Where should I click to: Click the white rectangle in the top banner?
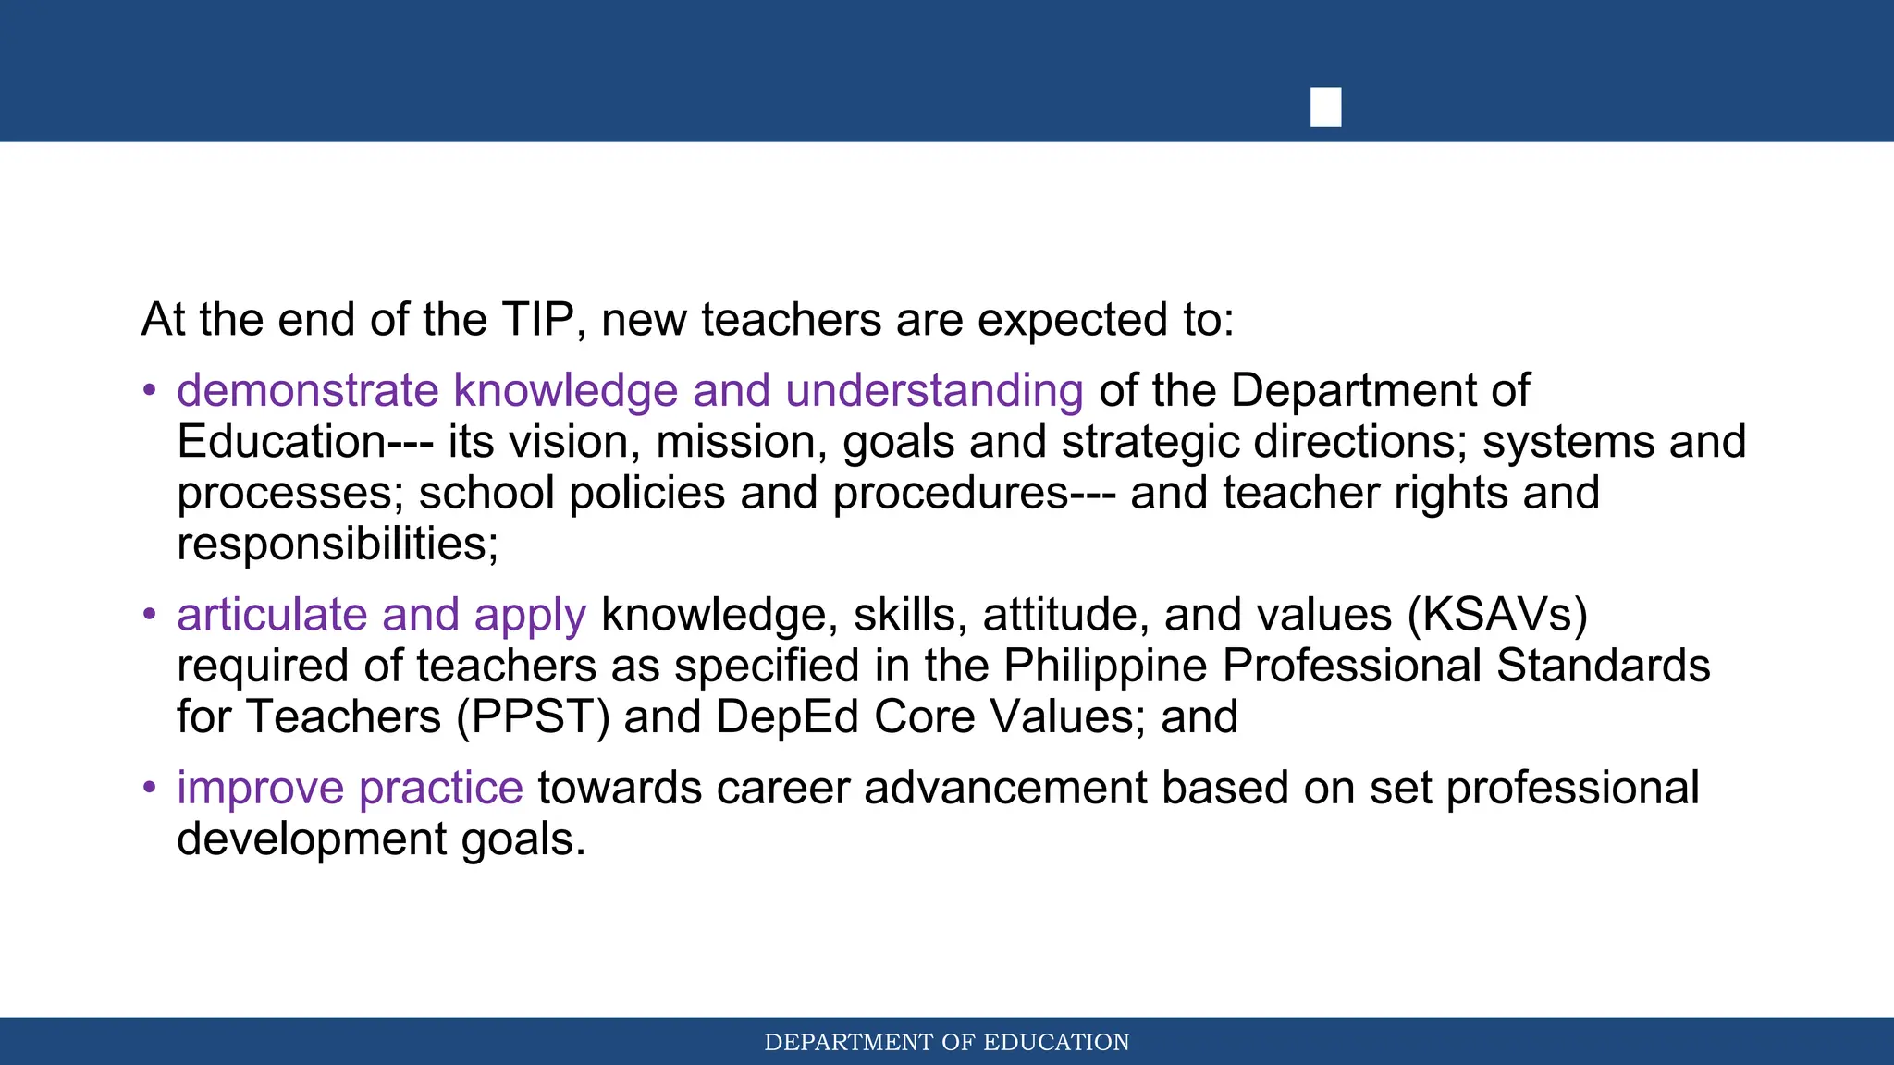tap(1325, 106)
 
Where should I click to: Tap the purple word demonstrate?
tap(307, 390)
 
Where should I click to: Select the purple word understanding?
tap(934, 390)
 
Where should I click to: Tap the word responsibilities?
tap(338, 544)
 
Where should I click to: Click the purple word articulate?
tap(272, 615)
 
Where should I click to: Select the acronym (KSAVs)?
tap(1497, 615)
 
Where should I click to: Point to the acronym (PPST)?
tap(533, 716)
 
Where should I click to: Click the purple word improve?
tap(260, 788)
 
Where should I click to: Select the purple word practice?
tap(440, 788)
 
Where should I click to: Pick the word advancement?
tap(1005, 788)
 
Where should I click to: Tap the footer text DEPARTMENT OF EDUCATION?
tap(947, 1042)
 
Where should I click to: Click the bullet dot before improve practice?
tap(150, 788)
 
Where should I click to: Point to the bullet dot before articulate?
tap(150, 615)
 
